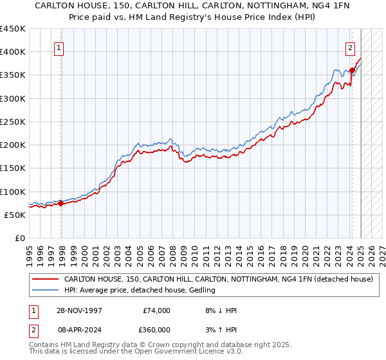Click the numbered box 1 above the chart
coord(59,47)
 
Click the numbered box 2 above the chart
coord(350,47)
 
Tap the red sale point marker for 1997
coord(61,204)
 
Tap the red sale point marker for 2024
coord(353,70)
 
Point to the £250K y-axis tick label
coord(13,122)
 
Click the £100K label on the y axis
coord(13,192)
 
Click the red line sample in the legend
coord(46,280)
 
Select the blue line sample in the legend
coord(46,291)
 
